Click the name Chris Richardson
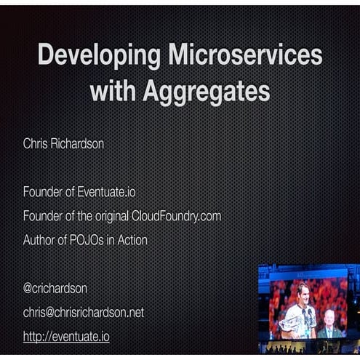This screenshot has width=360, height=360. (x=63, y=144)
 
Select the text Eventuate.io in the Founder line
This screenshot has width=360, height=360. (x=106, y=193)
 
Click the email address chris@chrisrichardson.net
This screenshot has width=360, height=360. (x=84, y=312)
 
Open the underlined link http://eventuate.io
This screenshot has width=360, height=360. (x=66, y=336)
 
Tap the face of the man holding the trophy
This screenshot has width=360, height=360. (x=300, y=293)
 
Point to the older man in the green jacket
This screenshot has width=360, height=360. (x=329, y=325)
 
